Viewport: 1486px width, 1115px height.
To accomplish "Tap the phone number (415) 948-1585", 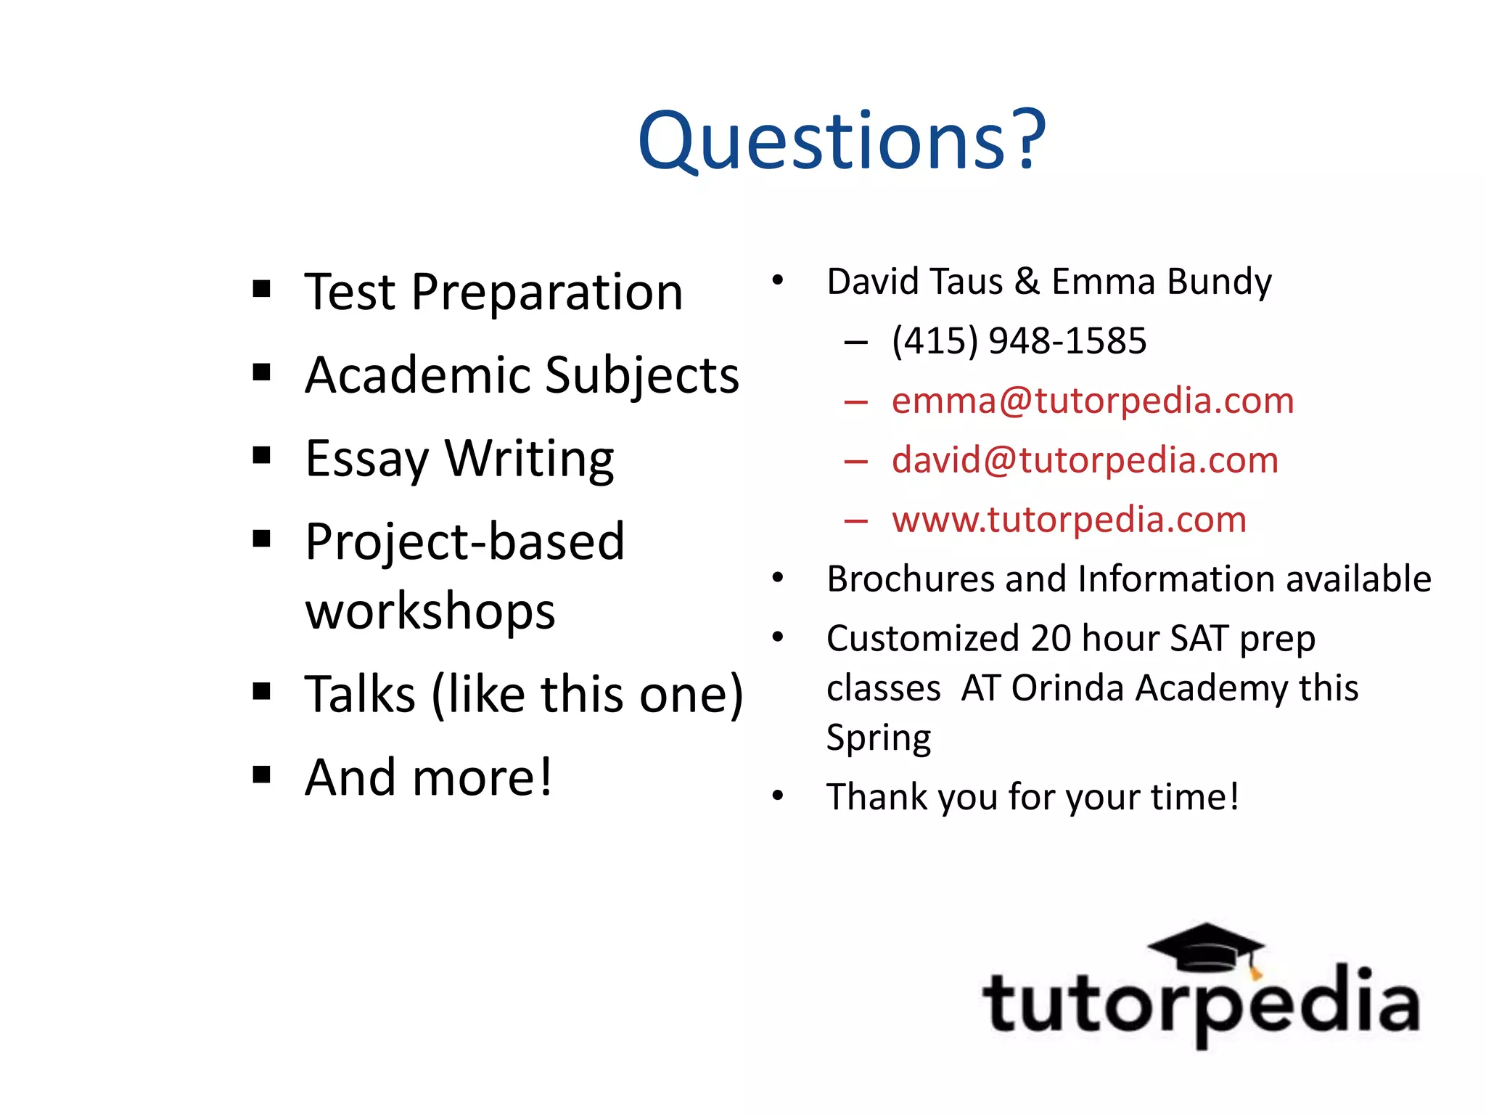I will (1019, 340).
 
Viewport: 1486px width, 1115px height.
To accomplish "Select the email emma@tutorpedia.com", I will (1092, 401).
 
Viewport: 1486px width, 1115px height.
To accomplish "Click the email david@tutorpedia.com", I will (1085, 460).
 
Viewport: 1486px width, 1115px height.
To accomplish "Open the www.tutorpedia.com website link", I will (1069, 520).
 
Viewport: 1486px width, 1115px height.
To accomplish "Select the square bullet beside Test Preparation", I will (262, 290).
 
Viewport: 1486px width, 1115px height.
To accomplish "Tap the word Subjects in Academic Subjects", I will (641, 375).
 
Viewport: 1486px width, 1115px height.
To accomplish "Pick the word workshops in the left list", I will (430, 610).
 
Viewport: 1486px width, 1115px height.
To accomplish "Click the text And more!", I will (428, 777).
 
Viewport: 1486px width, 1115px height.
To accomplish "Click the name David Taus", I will (915, 282).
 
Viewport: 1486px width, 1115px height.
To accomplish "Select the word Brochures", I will (911, 579).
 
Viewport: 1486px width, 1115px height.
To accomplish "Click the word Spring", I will (879, 738).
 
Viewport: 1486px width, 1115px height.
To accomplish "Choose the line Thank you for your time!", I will (1033, 797).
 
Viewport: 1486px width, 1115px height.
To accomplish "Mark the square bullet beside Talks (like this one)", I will (262, 691).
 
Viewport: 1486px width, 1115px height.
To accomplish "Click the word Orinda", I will (1068, 688).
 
